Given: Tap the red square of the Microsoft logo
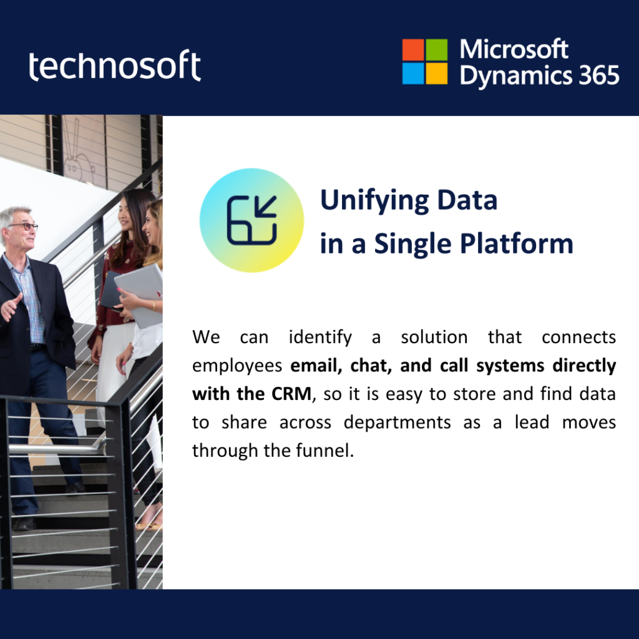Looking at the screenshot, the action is pos(413,50).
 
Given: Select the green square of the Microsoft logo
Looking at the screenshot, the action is pos(436,50).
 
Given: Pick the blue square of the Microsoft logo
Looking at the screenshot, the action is pos(413,74).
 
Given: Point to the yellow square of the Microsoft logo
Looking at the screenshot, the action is pos(436,74).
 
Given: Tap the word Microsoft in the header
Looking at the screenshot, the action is pos(514,49).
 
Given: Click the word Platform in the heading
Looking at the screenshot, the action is pos(516,244).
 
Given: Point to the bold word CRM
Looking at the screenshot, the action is pos(291,394).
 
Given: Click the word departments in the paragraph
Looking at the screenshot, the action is pos(398,423).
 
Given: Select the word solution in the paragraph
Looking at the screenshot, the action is pos(434,337).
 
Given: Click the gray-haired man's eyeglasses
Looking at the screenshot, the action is pos(24,226).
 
